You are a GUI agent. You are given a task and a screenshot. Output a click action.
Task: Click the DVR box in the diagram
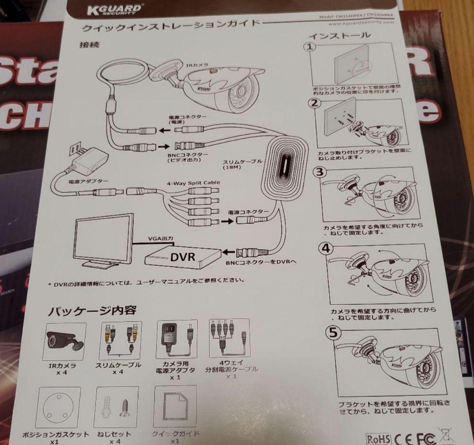182,256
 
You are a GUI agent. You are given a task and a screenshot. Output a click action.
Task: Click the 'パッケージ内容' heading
92,311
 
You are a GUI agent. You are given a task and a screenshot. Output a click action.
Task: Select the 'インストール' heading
334,36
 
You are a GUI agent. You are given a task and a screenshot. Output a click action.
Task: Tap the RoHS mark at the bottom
378,439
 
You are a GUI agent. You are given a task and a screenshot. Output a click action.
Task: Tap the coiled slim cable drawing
284,168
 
